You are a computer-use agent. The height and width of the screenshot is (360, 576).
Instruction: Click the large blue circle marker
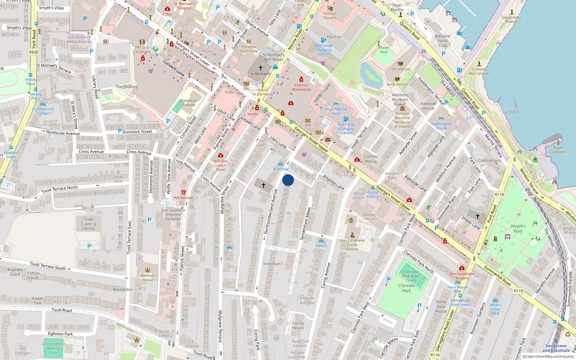tap(288, 180)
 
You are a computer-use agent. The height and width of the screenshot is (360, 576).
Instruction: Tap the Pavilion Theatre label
tap(330, 15)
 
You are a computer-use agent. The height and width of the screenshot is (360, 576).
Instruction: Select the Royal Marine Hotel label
tap(336, 111)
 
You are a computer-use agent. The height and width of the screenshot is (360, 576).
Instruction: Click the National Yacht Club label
tap(442, 41)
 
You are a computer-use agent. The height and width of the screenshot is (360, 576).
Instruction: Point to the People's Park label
tap(518, 229)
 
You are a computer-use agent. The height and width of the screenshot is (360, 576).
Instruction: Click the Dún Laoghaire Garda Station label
tap(352, 244)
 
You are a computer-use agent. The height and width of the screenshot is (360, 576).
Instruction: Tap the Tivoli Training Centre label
tap(89, 224)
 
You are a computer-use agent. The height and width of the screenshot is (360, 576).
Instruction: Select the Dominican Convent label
tap(189, 103)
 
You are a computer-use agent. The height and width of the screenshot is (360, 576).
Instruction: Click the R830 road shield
tap(33, 52)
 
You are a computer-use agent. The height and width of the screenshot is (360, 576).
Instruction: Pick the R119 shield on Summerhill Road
tap(518, 291)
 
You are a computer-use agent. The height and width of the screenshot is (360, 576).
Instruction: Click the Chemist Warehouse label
tap(301, 87)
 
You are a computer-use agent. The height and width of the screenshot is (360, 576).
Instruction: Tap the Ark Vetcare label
tap(183, 198)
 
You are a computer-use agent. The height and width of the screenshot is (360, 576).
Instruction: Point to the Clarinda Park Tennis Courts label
tap(411, 276)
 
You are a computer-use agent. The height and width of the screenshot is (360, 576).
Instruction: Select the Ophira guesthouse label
tap(321, 246)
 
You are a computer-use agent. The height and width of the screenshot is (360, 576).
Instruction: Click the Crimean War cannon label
tap(479, 71)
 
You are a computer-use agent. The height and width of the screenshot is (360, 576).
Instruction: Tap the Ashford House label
tap(148, 278)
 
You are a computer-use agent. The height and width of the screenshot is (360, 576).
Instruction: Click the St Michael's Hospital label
tap(184, 6)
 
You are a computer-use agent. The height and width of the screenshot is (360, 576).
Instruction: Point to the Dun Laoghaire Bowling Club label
tap(53, 348)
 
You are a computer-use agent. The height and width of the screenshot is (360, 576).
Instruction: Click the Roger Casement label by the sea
tap(558, 150)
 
